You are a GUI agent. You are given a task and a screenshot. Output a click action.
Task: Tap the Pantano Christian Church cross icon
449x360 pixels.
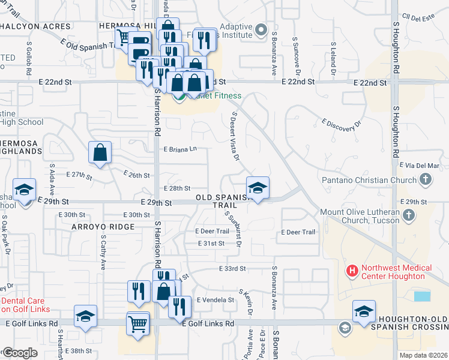(425, 179)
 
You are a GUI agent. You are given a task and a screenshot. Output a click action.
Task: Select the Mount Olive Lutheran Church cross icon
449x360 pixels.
(409, 215)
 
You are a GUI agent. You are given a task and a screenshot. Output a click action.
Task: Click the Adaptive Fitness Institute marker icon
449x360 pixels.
(260, 29)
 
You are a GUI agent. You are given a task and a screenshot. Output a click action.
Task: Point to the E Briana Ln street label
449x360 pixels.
(180, 149)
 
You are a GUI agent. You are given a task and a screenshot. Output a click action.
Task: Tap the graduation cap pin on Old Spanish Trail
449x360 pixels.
(258, 188)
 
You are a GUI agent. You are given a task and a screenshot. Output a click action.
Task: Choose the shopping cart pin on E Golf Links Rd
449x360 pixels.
(138, 324)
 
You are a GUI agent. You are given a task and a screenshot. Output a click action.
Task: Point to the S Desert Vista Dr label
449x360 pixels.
(235, 136)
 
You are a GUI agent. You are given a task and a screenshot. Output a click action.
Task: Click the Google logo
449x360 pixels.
(20, 353)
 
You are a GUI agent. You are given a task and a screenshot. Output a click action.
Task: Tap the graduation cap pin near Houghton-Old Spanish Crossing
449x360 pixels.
(364, 312)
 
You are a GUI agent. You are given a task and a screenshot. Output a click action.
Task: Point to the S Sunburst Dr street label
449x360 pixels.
(233, 228)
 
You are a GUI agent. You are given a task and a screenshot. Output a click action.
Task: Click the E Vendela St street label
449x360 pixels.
(214, 299)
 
